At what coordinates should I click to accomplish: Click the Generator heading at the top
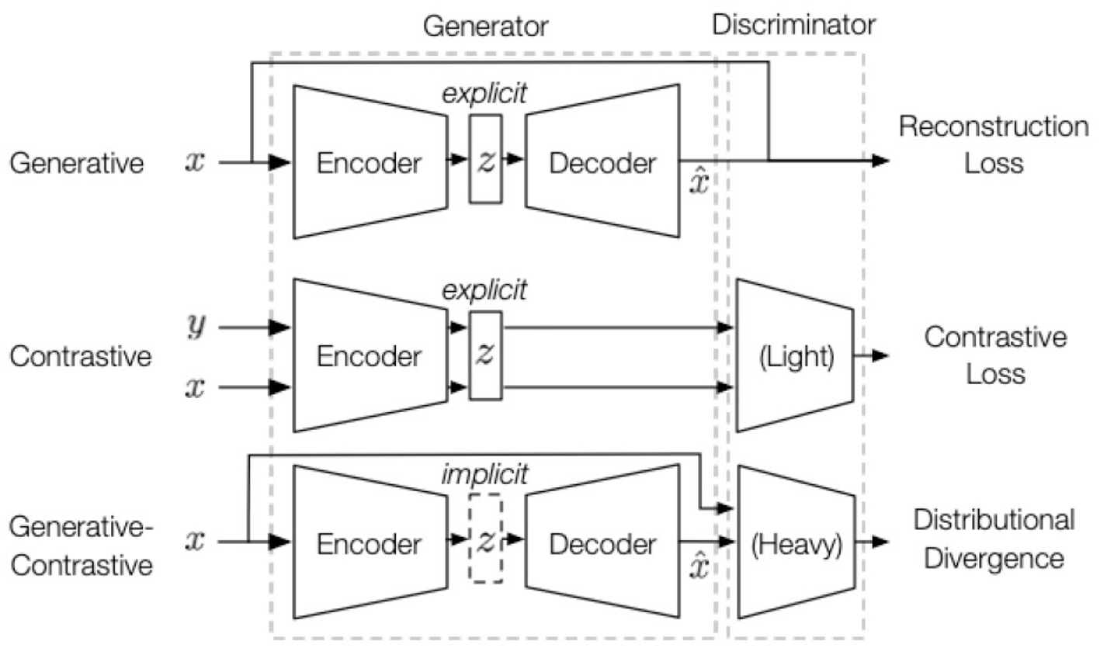(486, 26)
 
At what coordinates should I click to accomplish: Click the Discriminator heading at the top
(793, 25)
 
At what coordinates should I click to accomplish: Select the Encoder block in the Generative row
(370, 162)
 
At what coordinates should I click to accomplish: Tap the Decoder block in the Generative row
(602, 162)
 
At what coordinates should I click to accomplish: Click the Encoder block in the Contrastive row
(370, 356)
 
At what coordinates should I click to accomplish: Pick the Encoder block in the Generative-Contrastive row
(370, 543)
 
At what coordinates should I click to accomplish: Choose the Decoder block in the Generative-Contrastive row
(602, 543)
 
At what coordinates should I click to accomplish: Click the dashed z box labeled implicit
(486, 543)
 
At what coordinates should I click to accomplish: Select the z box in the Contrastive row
(486, 356)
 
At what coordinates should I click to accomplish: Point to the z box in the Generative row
(486, 160)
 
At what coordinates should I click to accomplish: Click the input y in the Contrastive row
(196, 328)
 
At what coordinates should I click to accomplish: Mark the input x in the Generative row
(196, 162)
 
